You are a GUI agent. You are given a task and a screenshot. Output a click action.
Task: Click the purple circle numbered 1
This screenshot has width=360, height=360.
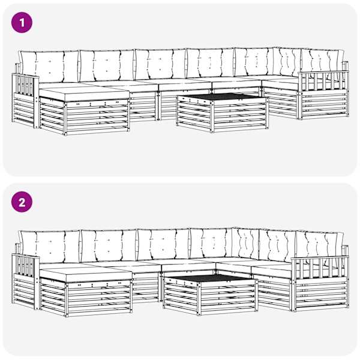click(22, 23)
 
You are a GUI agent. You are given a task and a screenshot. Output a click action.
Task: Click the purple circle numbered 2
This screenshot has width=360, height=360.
click(22, 202)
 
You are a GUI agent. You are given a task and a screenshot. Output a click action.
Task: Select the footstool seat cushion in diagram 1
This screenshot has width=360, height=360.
click(84, 94)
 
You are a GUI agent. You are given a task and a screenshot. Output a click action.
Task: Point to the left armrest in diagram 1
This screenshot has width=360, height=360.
click(25, 101)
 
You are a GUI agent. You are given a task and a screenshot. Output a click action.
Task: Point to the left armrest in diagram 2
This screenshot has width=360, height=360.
click(25, 281)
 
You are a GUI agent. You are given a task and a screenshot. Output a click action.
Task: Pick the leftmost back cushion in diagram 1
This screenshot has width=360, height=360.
click(49, 67)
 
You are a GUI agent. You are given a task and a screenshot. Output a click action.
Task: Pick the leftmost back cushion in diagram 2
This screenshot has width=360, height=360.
click(50, 247)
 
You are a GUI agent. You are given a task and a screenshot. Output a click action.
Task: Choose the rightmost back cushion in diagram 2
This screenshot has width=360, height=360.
click(320, 245)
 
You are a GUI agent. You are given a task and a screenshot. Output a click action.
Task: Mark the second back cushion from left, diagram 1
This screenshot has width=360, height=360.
click(107, 65)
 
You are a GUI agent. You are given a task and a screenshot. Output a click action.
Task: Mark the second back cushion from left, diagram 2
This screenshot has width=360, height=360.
click(109, 245)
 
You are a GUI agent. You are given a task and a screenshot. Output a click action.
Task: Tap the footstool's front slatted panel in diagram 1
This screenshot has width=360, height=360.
click(97, 116)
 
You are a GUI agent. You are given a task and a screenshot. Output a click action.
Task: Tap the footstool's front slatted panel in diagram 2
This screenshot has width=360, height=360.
click(99, 298)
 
